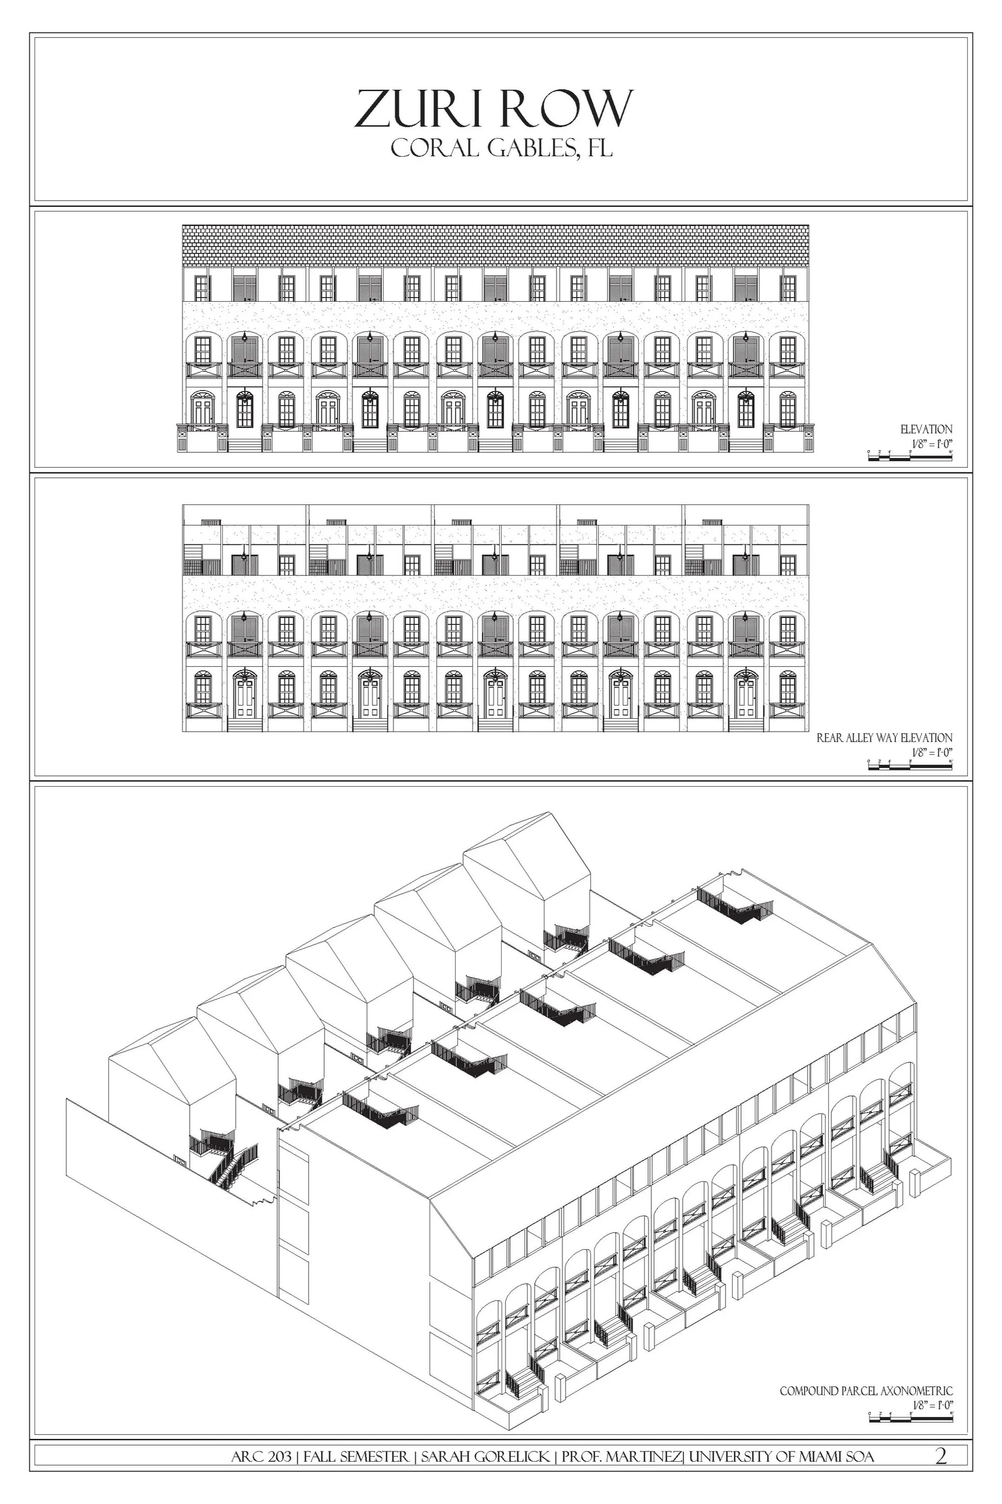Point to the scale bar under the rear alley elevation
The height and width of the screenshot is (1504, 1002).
pos(910,764)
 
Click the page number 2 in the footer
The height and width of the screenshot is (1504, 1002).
pos(941,1457)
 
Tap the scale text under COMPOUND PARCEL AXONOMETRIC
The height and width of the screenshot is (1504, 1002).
pos(932,1405)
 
